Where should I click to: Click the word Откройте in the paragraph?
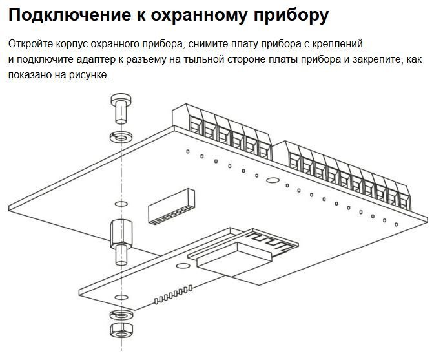pyautogui.click(x=30, y=44)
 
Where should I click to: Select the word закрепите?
pyautogui.click(x=377, y=59)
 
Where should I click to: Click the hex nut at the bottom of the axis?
pyautogui.click(x=120, y=331)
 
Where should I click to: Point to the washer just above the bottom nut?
pyautogui.click(x=120, y=315)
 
